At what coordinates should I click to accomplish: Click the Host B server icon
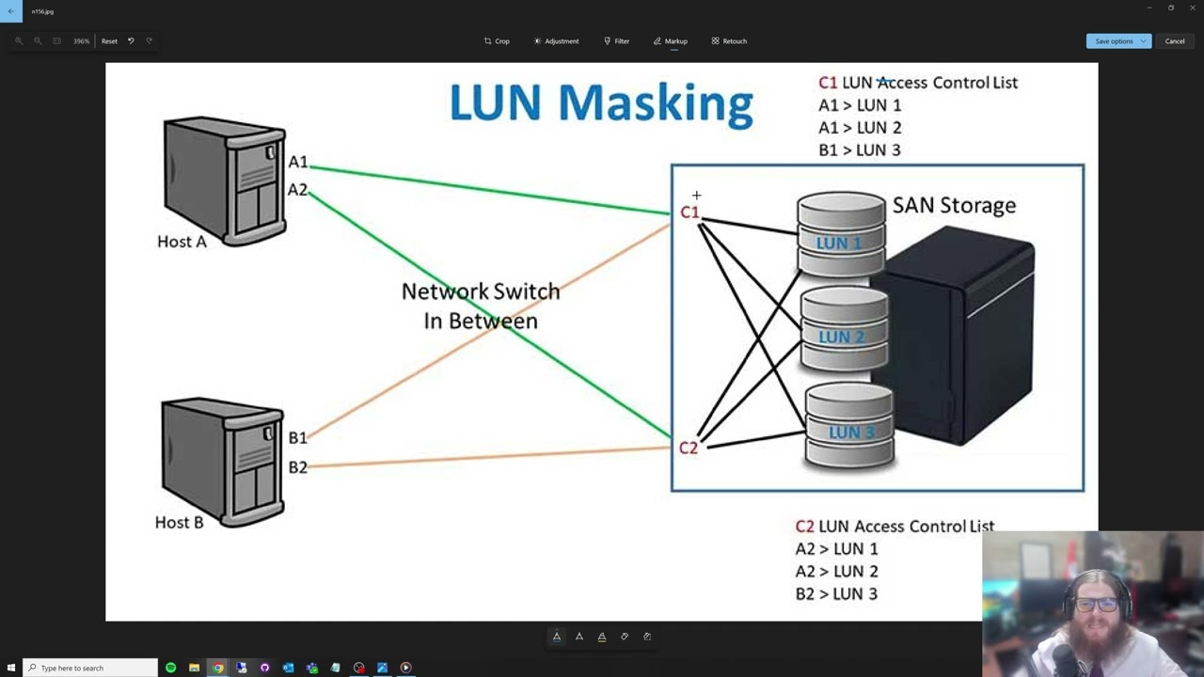222,460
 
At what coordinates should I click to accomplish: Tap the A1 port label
297,162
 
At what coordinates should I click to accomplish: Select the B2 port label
297,467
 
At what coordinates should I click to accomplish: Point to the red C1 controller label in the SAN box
689,213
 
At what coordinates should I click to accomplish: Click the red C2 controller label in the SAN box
689,448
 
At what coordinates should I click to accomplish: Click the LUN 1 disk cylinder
840,235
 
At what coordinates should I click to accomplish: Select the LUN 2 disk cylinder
843,330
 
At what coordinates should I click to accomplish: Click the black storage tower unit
959,338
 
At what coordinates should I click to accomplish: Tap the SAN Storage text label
954,205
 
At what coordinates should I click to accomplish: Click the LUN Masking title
601,102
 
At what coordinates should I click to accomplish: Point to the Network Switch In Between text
481,306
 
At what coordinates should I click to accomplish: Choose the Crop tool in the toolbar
497,41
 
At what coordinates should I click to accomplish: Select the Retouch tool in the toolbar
729,41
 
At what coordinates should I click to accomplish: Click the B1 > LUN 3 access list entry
859,150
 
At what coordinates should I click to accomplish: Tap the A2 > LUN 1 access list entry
836,548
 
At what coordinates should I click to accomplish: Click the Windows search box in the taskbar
90,668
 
